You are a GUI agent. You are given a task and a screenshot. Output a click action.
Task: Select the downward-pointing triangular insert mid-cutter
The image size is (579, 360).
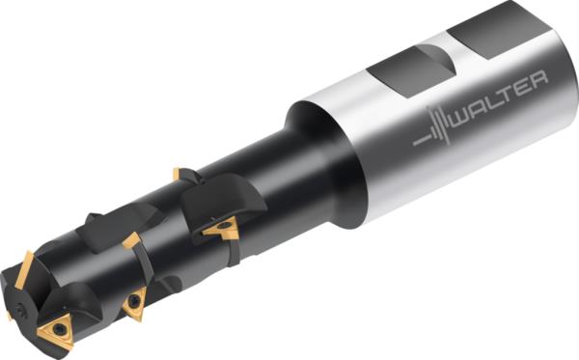coord(133,302)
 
